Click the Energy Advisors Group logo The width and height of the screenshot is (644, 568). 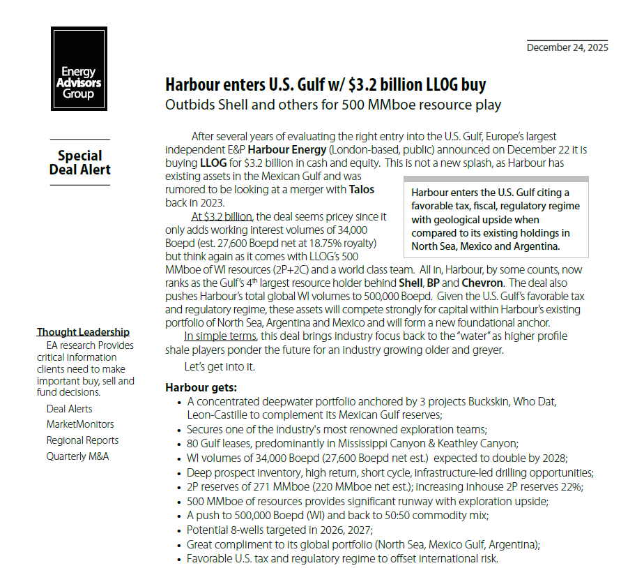[x=79, y=68]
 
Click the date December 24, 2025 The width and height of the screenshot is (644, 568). [x=567, y=47]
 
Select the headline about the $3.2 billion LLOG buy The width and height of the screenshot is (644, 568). [x=325, y=86]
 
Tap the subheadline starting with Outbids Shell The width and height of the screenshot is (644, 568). [x=333, y=106]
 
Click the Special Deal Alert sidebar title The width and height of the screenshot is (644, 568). [x=79, y=163]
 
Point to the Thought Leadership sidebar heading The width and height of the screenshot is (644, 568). [x=83, y=332]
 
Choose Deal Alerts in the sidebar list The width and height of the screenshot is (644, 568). [x=69, y=409]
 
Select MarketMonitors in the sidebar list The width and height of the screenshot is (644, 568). [x=80, y=424]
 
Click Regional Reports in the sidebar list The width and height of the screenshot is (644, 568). [x=82, y=440]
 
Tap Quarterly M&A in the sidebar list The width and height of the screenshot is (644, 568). [x=77, y=456]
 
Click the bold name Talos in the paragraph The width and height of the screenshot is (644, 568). [x=362, y=189]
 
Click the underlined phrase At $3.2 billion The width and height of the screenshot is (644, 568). [x=222, y=216]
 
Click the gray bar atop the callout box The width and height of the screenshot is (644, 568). [x=496, y=179]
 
